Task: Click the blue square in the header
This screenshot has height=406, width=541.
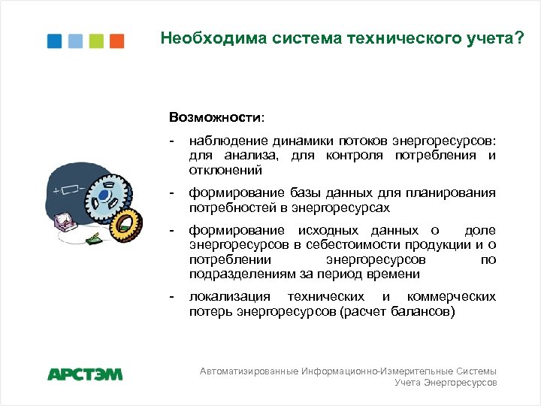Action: pyautogui.click(x=54, y=40)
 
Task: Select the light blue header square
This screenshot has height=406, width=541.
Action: pyautogui.click(x=75, y=40)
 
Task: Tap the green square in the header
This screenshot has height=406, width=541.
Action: pyautogui.click(x=96, y=40)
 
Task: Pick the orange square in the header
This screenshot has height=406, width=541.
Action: pyautogui.click(x=116, y=40)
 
